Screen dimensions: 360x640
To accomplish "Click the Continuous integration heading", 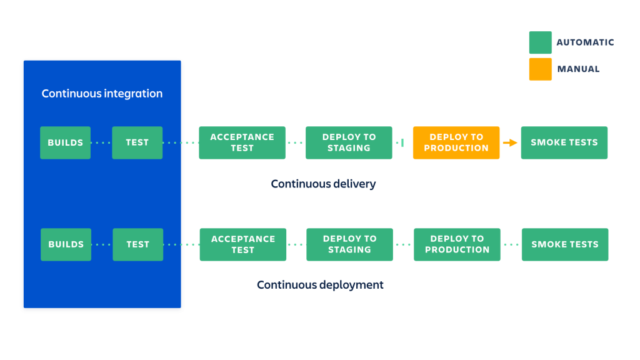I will tap(102, 94).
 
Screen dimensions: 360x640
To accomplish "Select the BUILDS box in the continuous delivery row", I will tap(66, 142).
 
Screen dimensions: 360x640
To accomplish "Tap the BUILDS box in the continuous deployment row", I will tap(66, 244).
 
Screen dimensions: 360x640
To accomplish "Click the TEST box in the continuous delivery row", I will tap(137, 142).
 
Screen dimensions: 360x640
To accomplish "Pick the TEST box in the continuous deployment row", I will tap(138, 244).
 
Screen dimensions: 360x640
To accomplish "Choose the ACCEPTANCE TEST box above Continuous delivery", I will tap(242, 142).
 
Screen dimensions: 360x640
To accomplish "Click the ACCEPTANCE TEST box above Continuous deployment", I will tap(243, 244).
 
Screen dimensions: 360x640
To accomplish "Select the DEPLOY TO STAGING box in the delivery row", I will tap(349, 142).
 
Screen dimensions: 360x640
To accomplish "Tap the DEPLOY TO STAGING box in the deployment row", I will tap(350, 244).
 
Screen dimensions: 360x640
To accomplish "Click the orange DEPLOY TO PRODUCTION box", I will tap(456, 142).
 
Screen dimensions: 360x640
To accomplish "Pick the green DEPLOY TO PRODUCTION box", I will tap(457, 244).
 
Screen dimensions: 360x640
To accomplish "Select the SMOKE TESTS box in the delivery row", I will tap(564, 142).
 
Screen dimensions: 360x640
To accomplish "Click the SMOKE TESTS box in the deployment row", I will tap(565, 244).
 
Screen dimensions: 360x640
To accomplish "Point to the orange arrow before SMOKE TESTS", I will tap(511, 142).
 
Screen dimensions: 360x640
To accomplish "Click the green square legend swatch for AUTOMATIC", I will tap(541, 42).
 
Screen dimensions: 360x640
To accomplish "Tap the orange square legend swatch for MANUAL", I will tap(541, 69).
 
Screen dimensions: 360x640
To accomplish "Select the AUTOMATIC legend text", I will tap(585, 42).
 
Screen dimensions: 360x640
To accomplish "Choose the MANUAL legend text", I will tap(578, 69).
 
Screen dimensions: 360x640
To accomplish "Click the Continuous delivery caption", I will tap(323, 184).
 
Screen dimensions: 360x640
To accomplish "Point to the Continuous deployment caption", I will tap(320, 285).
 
